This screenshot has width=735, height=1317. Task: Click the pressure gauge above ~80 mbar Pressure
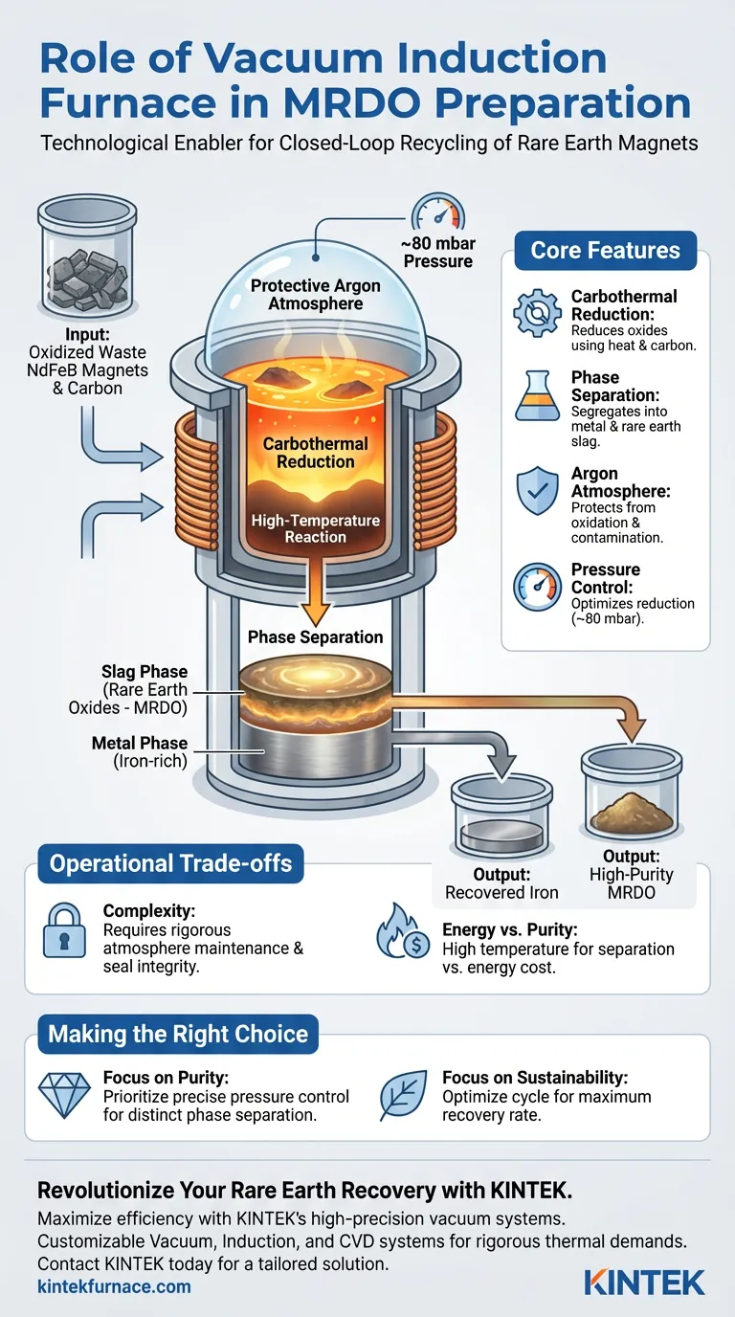(x=435, y=212)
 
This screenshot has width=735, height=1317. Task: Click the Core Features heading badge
(x=605, y=251)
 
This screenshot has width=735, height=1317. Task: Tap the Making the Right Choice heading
(x=178, y=1034)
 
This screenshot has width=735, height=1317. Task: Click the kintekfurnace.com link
(x=114, y=1285)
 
